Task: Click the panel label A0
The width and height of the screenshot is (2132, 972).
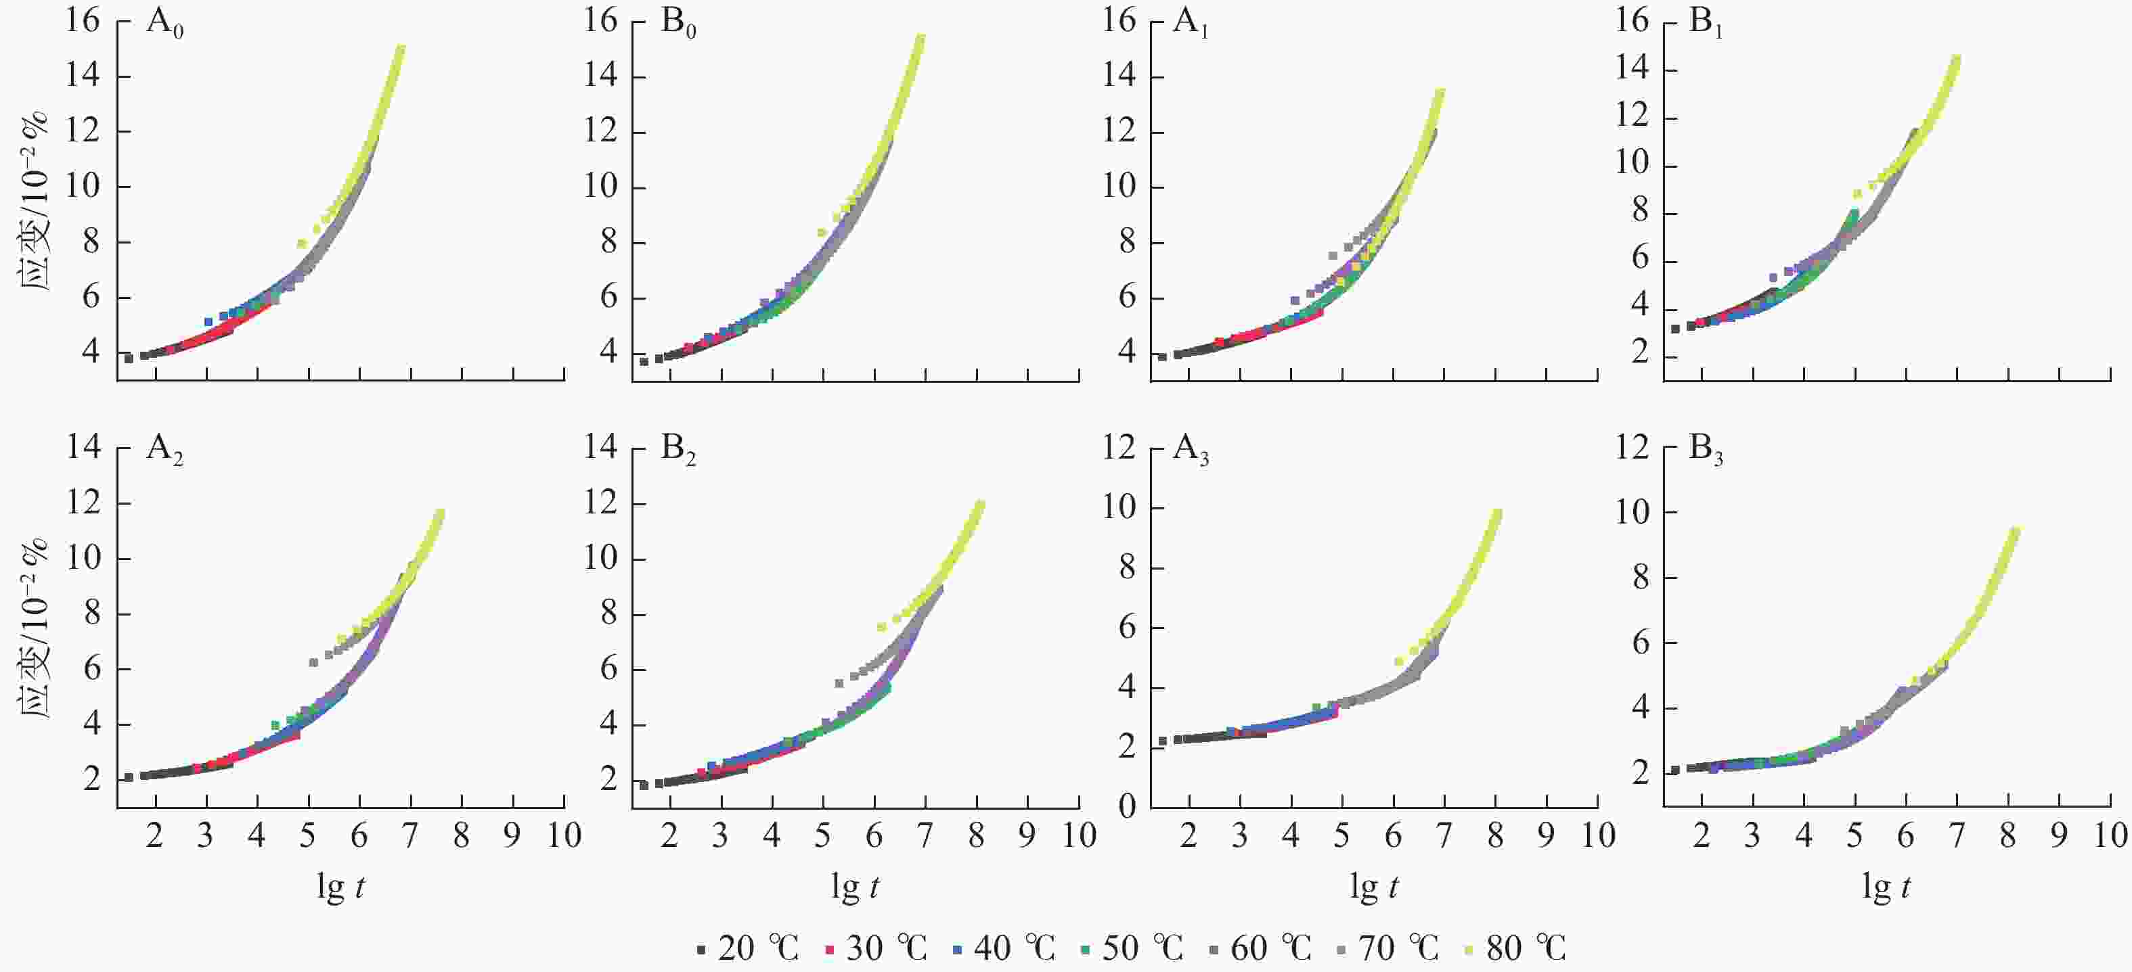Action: pyautogui.click(x=164, y=23)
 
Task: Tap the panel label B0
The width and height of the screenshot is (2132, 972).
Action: pyautogui.click(x=678, y=23)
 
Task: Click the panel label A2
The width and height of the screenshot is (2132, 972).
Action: pyautogui.click(x=164, y=449)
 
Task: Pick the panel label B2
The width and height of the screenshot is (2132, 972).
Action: pyautogui.click(x=678, y=449)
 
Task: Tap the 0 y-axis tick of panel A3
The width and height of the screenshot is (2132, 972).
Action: pyautogui.click(x=1127, y=806)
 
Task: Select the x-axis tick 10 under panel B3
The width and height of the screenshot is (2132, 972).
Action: pyautogui.click(x=2110, y=836)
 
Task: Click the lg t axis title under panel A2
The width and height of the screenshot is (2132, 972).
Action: pyautogui.click(x=340, y=887)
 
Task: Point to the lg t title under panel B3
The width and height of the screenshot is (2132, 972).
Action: pyautogui.click(x=1886, y=887)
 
